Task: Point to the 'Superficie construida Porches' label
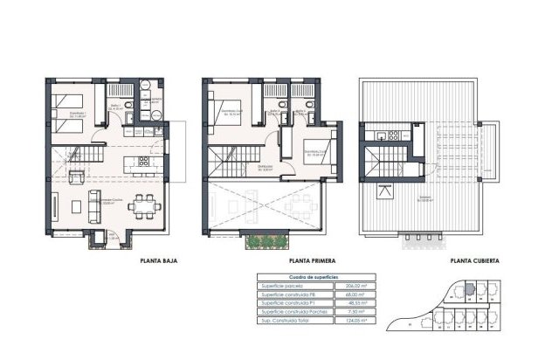coord(293,314)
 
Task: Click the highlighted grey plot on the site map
coord(468,285)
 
